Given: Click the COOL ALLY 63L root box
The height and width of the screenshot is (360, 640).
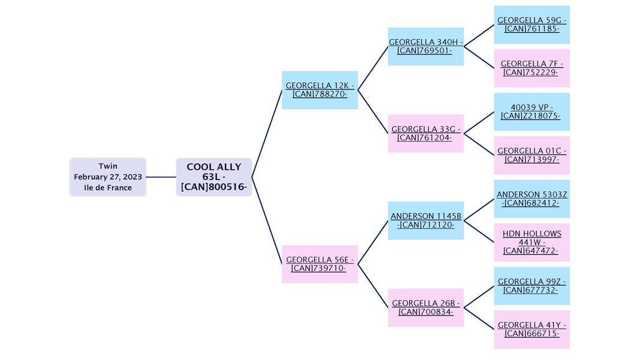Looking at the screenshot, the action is [x=214, y=177].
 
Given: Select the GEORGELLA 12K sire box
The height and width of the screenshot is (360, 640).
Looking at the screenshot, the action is [x=320, y=90].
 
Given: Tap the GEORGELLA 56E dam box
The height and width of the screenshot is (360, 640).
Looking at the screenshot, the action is [x=320, y=264].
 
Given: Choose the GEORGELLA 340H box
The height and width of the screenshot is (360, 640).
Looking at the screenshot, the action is [x=425, y=46].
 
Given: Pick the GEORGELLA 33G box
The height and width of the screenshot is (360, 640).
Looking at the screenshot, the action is [x=425, y=133].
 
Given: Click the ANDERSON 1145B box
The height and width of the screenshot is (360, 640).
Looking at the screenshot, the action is [x=425, y=220].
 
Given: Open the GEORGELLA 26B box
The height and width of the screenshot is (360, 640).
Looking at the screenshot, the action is [x=425, y=307].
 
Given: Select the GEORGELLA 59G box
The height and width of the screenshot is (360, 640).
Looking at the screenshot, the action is [x=531, y=25].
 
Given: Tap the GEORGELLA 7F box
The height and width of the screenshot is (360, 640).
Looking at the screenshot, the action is [x=531, y=68].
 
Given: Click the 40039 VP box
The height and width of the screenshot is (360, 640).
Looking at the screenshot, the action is [x=531, y=112].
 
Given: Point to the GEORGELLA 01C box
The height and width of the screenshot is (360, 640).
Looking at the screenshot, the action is [x=531, y=155].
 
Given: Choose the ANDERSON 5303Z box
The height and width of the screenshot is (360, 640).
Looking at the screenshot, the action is [x=531, y=199].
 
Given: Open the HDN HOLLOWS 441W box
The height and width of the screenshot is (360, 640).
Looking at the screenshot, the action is [x=531, y=242].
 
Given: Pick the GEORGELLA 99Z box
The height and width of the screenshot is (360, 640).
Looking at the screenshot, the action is [x=531, y=286].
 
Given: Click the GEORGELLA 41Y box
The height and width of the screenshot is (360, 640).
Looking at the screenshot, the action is [x=531, y=329].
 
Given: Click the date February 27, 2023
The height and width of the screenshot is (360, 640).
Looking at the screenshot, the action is [x=108, y=177].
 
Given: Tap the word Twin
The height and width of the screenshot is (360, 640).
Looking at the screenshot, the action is [x=108, y=166].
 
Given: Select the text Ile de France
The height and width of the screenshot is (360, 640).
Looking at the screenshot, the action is [x=108, y=188].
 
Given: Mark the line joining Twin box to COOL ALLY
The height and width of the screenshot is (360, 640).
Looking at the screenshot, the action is [x=161, y=177].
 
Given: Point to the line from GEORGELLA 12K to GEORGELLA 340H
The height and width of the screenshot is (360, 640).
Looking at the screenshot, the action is [x=372, y=68].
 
